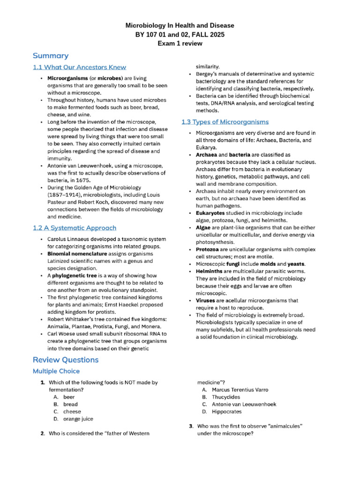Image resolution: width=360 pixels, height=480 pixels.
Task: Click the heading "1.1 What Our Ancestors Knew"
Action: point(79,67)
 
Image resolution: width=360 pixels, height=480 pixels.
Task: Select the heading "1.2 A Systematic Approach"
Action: point(75,228)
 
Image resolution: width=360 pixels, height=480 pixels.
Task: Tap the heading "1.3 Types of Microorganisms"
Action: point(225,122)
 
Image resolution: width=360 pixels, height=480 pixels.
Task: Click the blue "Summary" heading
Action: point(50,56)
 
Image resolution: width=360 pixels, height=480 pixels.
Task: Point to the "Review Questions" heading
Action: point(66,360)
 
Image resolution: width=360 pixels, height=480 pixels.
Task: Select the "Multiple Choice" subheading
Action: point(56,371)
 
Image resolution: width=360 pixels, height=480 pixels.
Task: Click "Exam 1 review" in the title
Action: point(180,44)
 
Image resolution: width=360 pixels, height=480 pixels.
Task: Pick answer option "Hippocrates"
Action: point(227,412)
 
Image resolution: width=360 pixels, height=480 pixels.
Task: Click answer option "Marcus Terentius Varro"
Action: point(240,390)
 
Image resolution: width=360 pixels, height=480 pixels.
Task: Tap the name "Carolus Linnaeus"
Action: point(69,239)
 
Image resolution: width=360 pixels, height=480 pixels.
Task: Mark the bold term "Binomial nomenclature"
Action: point(77,254)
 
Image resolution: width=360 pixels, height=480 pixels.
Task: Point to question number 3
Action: point(191,426)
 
